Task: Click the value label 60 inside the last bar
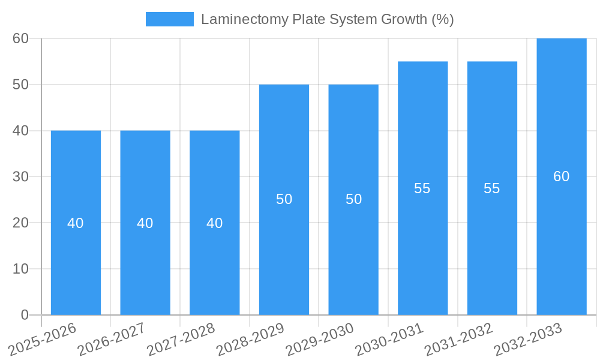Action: click(x=561, y=176)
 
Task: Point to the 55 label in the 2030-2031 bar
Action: click(x=422, y=188)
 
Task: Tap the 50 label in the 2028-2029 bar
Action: click(x=284, y=199)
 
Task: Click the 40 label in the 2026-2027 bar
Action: click(x=145, y=223)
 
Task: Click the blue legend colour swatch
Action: click(x=170, y=19)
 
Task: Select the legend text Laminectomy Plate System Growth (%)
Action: click(x=327, y=19)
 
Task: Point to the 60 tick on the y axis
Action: click(x=21, y=38)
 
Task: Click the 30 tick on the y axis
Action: click(x=21, y=176)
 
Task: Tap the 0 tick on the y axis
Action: click(x=25, y=315)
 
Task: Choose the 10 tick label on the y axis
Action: click(x=21, y=269)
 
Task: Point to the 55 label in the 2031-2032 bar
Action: click(x=492, y=188)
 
